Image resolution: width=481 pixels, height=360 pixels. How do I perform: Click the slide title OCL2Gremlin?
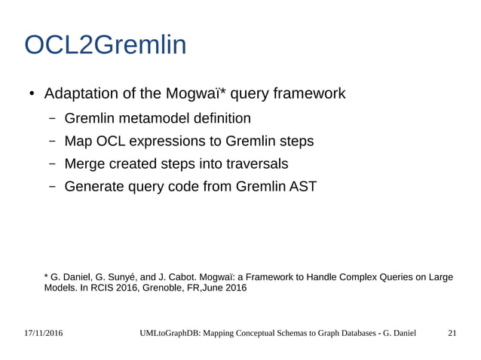(105, 46)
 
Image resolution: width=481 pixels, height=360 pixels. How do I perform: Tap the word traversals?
(253, 163)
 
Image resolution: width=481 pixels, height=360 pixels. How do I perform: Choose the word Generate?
(96, 186)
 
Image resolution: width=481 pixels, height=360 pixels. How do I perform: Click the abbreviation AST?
(304, 186)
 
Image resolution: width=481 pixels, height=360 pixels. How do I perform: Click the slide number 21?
(452, 333)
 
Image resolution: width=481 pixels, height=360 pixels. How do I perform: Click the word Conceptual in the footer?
(268, 333)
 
